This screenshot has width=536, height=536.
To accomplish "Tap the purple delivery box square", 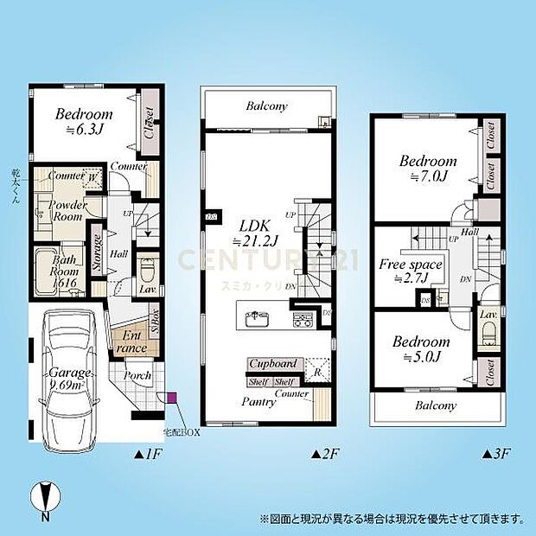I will pos(171,398).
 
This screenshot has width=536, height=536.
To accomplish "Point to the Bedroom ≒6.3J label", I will pos(84,121).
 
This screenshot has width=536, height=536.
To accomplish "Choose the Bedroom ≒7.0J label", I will pos(427,168).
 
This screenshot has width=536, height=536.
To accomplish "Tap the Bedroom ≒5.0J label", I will pos(420,349).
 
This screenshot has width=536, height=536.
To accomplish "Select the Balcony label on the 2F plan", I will pos(266,107).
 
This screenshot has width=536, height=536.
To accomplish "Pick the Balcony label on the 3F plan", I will pos(435,405).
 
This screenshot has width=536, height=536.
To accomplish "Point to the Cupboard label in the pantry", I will pos(275,365).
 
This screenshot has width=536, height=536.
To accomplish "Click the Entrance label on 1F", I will pos(132,341).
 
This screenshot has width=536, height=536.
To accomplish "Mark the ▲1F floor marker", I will pos(144,452).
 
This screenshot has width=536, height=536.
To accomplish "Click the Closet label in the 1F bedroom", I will pos(148,123).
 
